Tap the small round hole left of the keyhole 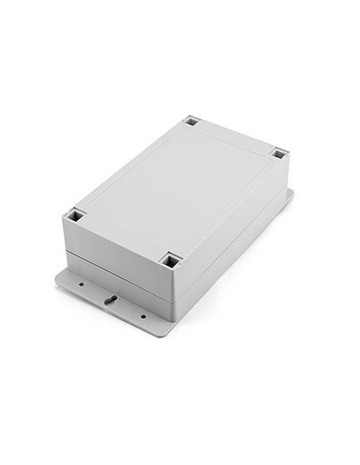pyautogui.click(x=80, y=283)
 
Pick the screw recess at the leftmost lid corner pyautogui.click(x=76, y=214)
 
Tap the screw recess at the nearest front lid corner pyautogui.click(x=169, y=260)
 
